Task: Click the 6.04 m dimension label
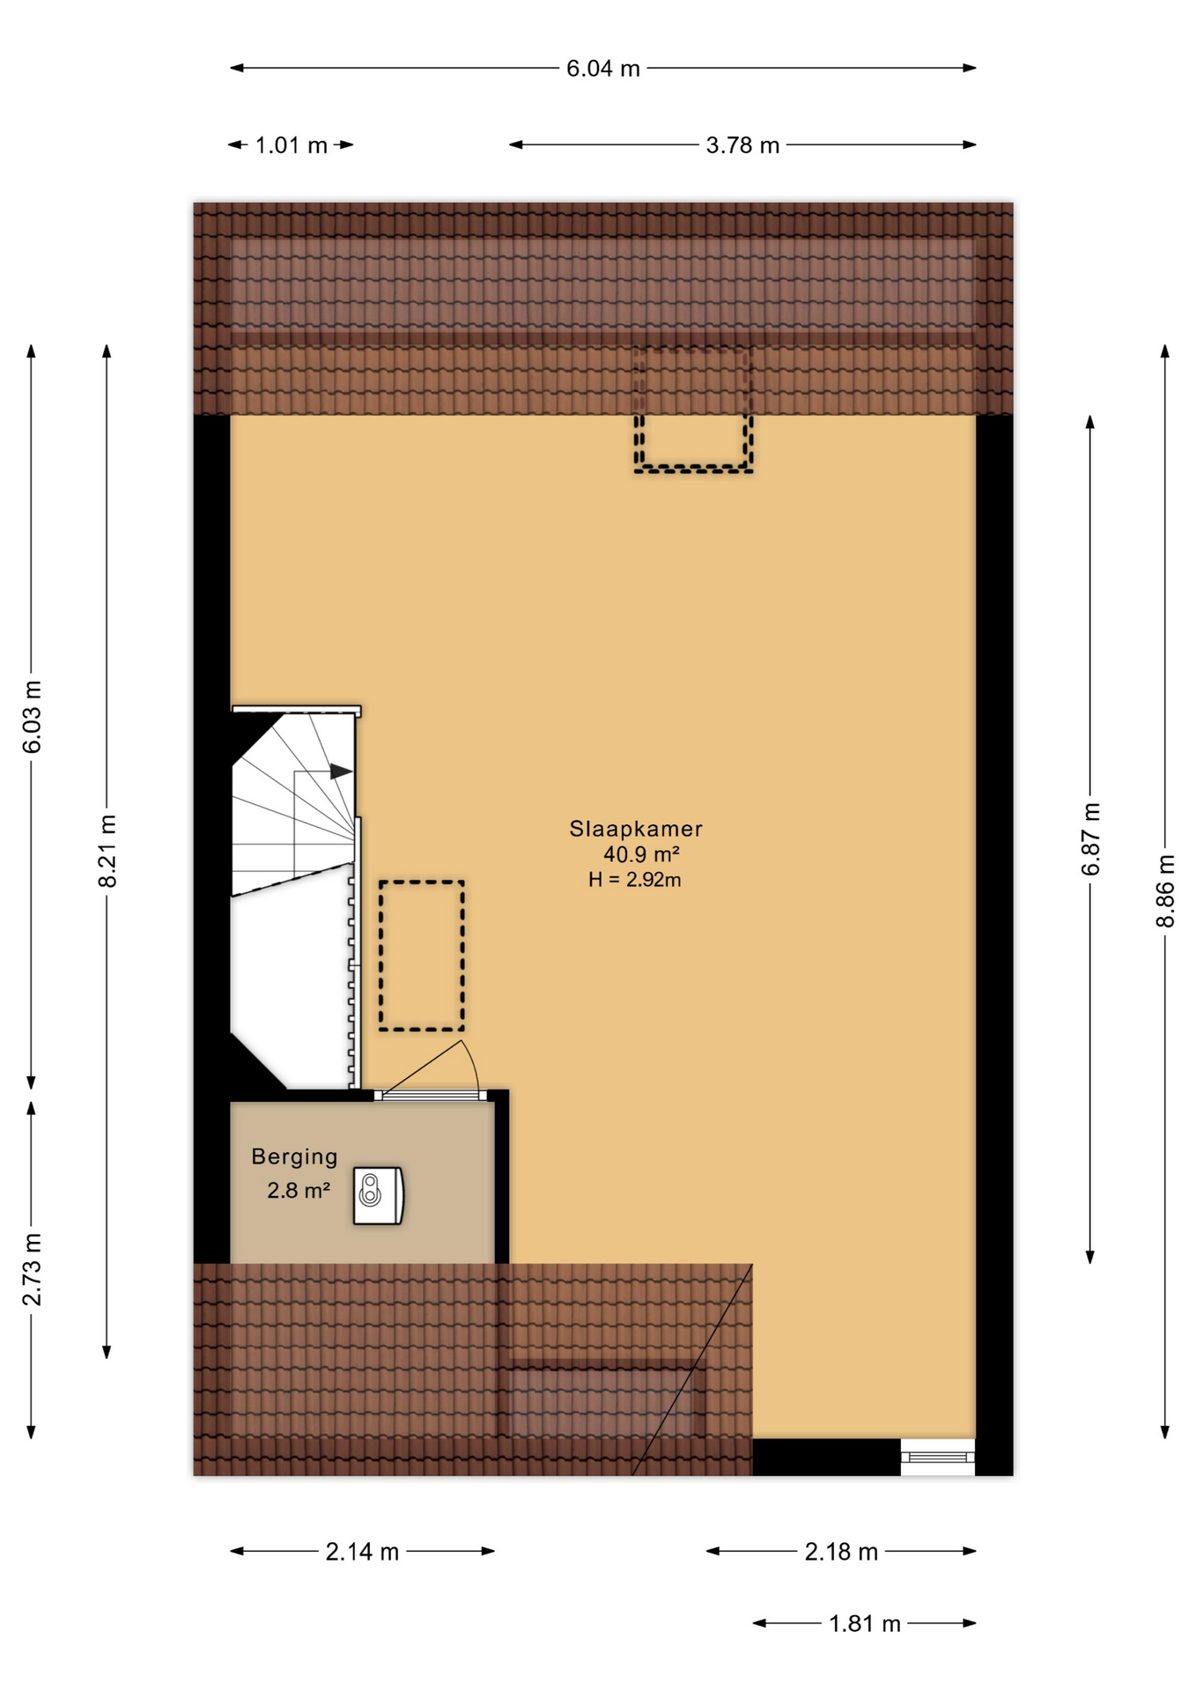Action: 602,69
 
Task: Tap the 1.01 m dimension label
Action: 291,145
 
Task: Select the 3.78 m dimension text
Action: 742,145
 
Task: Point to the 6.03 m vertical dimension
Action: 33,716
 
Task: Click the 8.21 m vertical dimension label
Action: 107,851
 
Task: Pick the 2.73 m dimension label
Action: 33,1269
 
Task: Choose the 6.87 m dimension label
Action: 1091,839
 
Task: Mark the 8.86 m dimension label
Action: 1166,890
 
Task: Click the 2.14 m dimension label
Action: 362,1552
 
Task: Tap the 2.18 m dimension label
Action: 841,1552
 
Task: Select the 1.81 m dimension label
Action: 865,1624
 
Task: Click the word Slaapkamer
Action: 636,829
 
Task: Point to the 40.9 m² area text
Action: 641,854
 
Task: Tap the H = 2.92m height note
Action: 635,880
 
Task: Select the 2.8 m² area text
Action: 299,1191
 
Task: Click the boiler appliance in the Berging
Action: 379,1195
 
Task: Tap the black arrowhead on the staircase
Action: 342,772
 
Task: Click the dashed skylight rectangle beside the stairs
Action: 422,956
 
